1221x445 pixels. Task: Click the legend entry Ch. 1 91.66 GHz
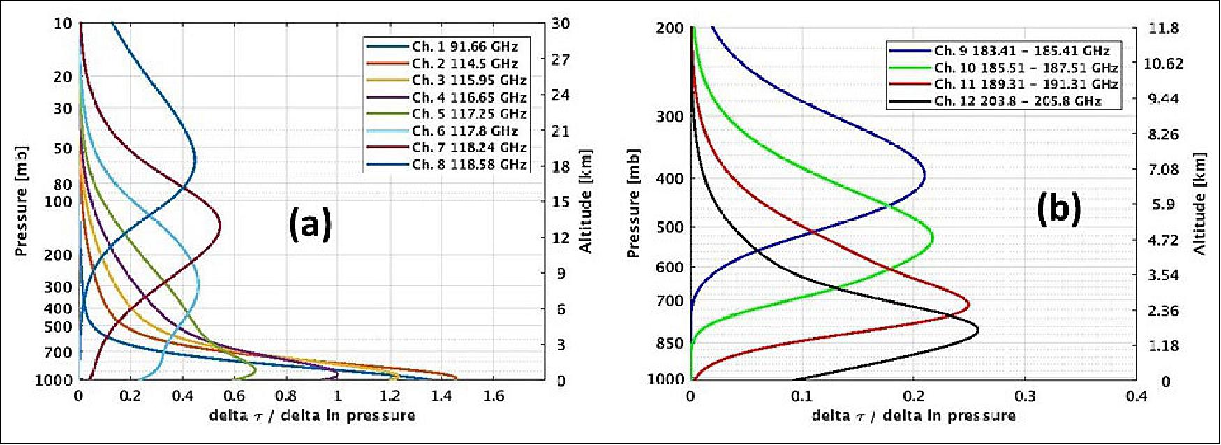pos(464,47)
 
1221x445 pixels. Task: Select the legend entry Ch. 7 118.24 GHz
pos(468,147)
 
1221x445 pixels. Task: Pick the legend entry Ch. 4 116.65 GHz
pos(468,97)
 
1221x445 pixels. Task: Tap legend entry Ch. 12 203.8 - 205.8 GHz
pos(1017,101)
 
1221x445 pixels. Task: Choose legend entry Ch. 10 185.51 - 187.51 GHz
pos(1026,68)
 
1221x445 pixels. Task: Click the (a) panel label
pos(310,224)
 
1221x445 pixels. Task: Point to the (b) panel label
pos(1058,208)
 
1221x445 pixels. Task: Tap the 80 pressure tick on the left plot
pos(63,184)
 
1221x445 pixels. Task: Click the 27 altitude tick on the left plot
pos(561,59)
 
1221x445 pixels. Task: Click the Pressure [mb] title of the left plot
pos(22,201)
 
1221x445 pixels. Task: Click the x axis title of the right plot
pos(913,416)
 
